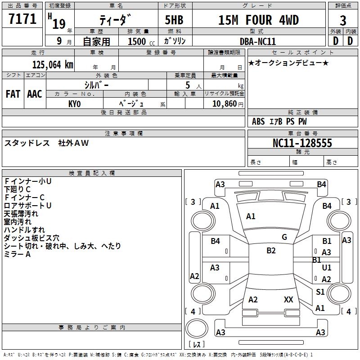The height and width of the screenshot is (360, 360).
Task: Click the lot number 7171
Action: click(22, 19)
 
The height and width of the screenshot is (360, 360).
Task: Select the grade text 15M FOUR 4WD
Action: click(258, 20)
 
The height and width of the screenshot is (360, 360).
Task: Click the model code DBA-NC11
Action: click(258, 41)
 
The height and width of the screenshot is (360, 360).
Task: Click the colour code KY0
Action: click(74, 103)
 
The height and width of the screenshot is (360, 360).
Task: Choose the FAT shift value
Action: click(13, 94)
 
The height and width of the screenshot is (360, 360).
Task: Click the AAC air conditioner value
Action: click(35, 94)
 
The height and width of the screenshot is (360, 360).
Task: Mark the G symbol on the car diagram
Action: click(284, 237)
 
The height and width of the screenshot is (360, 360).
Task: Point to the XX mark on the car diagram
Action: click(288, 300)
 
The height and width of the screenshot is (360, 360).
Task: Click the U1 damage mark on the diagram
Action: click(327, 268)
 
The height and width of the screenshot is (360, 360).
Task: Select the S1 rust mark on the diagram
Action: click(320, 292)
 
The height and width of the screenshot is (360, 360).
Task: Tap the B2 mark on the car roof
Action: click(271, 251)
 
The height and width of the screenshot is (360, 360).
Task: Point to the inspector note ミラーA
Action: click(18, 254)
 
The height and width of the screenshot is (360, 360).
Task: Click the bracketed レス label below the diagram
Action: click(197, 344)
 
